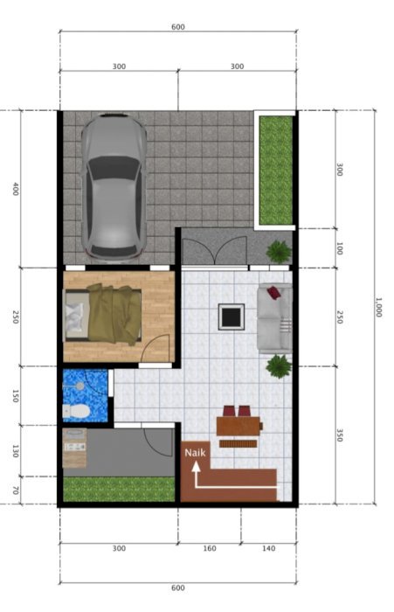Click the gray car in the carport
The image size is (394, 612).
point(114,186)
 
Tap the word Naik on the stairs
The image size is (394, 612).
point(195,453)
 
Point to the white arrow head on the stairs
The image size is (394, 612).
point(196,467)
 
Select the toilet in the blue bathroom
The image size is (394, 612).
point(77,411)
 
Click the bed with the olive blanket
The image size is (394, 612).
point(102,314)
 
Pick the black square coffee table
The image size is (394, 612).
point(232,316)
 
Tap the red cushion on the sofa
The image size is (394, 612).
point(273,292)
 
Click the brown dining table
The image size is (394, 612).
point(238,427)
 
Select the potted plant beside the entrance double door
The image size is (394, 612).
point(279,252)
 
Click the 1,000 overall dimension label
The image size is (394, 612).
point(378,307)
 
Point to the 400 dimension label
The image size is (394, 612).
point(16,189)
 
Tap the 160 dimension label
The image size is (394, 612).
point(210,548)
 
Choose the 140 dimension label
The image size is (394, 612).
point(268,548)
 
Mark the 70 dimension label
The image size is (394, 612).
point(16,490)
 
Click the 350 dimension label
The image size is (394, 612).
point(339,435)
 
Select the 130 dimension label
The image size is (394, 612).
point(16,451)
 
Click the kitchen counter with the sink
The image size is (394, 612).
point(74,448)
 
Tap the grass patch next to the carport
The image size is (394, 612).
point(276,170)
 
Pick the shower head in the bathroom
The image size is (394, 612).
point(80,386)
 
